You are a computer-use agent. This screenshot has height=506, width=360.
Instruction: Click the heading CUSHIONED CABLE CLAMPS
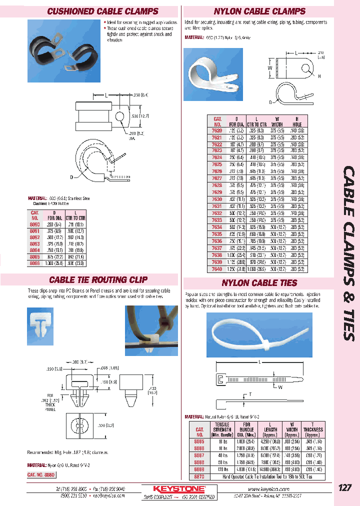102,11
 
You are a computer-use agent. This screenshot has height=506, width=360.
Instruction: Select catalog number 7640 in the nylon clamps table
217,267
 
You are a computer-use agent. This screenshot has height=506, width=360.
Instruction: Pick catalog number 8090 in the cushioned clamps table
34,225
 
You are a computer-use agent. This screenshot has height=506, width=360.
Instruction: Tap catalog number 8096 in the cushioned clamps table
34,262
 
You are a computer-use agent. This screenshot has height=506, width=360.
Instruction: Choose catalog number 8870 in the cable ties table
200,477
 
